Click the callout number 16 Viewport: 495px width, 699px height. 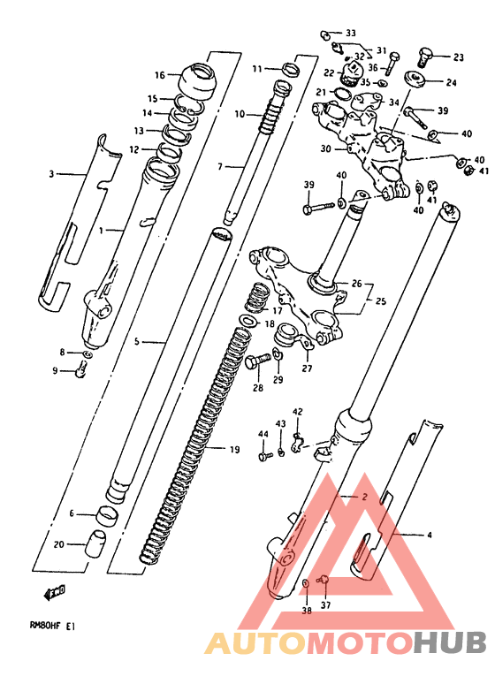[x=160, y=75]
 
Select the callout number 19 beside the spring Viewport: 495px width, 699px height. [x=234, y=449]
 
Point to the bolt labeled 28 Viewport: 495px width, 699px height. [x=258, y=360]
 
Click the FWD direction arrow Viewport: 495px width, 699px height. [x=55, y=591]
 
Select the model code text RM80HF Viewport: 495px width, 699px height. [x=46, y=627]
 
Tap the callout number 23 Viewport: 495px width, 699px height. [x=459, y=57]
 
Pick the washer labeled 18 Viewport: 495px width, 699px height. [x=248, y=321]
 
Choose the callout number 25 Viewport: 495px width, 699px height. [x=380, y=302]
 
